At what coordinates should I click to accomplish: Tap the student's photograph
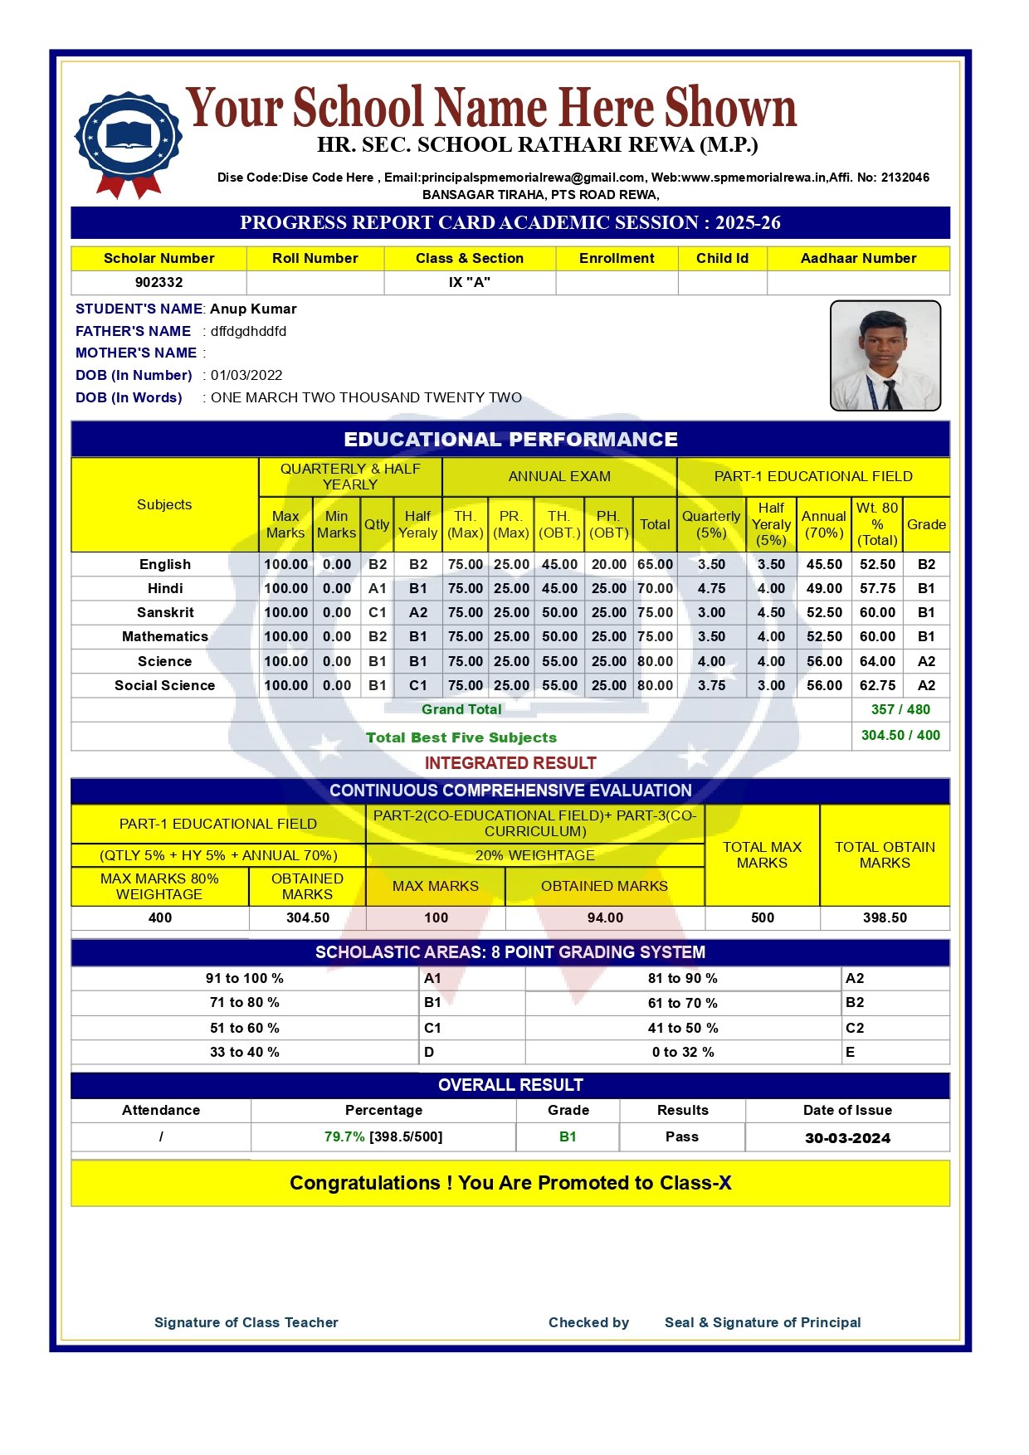pyautogui.click(x=885, y=356)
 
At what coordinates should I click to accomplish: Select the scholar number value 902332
pyautogui.click(x=158, y=282)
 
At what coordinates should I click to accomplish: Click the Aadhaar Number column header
pyautogui.click(x=858, y=258)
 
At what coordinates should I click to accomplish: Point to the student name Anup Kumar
pyautogui.click(x=253, y=309)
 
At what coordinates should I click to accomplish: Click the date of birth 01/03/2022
pyautogui.click(x=246, y=375)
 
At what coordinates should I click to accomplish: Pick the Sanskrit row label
pyautogui.click(x=165, y=612)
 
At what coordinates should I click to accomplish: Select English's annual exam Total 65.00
pyautogui.click(x=655, y=564)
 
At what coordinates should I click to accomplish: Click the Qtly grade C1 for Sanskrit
pyautogui.click(x=378, y=612)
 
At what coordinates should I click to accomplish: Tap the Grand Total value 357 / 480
pyautogui.click(x=900, y=709)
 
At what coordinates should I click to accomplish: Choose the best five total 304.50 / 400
pyautogui.click(x=900, y=735)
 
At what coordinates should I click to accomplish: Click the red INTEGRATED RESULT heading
pyautogui.click(x=510, y=763)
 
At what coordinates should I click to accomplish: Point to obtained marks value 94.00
pyautogui.click(x=605, y=917)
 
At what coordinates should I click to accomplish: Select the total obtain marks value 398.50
pyautogui.click(x=885, y=917)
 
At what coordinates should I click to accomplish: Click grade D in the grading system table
pyautogui.click(x=429, y=1052)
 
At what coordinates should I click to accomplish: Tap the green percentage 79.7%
pyautogui.click(x=344, y=1136)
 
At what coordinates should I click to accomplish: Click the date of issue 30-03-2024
pyautogui.click(x=847, y=1138)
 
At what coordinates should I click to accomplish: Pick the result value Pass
pyautogui.click(x=682, y=1136)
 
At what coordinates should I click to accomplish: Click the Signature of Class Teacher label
pyautogui.click(x=246, y=1322)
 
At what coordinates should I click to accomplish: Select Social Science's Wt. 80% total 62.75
pyautogui.click(x=877, y=685)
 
